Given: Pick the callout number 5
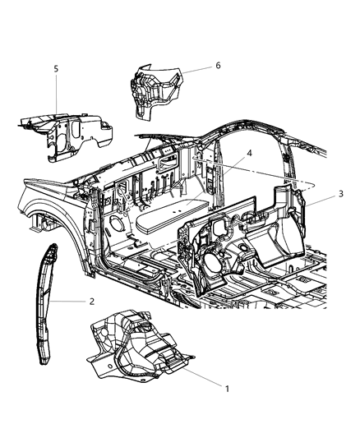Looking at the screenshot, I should [x=56, y=70].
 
